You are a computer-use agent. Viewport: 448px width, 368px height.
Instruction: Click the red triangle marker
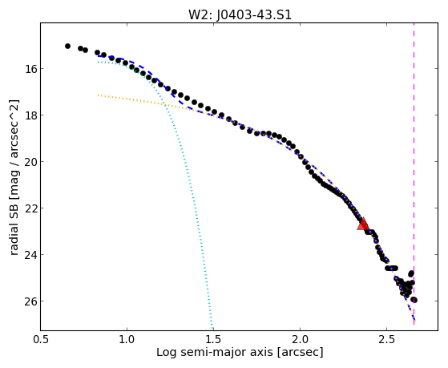point(363,224)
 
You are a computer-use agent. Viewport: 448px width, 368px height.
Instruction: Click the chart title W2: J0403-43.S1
point(240,14)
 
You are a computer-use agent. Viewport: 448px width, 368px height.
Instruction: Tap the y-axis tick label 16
point(30,69)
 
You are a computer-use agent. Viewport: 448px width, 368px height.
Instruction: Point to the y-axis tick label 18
point(30,115)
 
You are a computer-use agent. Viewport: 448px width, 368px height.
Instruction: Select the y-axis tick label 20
point(30,162)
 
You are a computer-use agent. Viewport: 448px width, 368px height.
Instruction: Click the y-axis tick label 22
point(30,208)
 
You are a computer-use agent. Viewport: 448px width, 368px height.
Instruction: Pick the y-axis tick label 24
point(30,254)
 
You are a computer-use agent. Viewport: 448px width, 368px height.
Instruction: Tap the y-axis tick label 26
point(30,301)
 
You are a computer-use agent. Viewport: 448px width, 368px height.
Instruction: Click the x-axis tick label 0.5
point(41,339)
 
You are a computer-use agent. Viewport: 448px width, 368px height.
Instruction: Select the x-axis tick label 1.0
point(127,339)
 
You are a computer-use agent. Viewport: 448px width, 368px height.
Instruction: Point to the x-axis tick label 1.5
point(213,339)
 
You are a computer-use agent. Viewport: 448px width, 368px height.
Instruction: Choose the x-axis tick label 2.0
point(300,339)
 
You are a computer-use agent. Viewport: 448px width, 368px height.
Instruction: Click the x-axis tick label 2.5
point(386,339)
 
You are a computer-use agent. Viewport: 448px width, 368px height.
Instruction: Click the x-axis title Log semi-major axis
point(215,353)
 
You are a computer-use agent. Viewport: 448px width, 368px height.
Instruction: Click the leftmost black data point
point(67,46)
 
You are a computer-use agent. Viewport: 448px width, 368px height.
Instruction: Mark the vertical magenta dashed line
point(414,173)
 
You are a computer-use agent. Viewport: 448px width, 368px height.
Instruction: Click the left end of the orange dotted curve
point(98,95)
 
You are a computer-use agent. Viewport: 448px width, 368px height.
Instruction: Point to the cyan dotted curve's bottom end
point(212,329)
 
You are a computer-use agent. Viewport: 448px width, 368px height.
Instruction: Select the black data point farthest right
point(414,300)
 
